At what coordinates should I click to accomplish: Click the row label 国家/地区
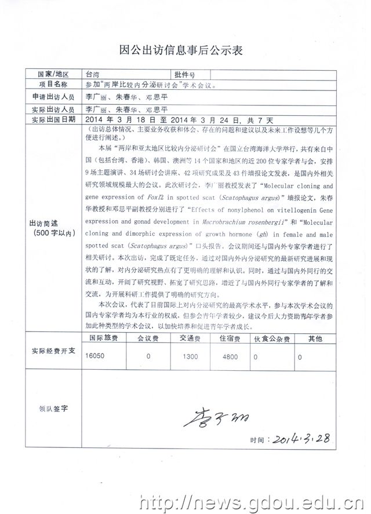click(x=53, y=75)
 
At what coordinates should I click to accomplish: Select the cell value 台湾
click(x=92, y=75)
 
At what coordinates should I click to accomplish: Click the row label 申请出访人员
click(x=53, y=97)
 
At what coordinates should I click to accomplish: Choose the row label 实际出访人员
click(x=53, y=109)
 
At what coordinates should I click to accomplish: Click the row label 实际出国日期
click(x=53, y=119)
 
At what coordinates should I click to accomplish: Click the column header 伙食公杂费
click(x=272, y=338)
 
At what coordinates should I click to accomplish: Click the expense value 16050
click(x=95, y=357)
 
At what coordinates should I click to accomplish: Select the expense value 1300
click(x=190, y=357)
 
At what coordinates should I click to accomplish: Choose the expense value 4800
click(x=230, y=357)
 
